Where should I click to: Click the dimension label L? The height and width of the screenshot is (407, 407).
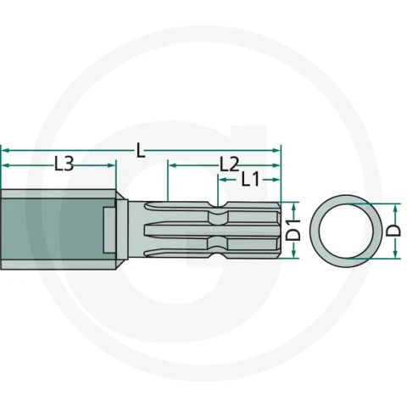pos(141,150)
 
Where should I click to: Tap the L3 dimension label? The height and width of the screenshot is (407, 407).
pos(64,164)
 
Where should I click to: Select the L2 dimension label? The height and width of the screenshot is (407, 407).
pos(230,164)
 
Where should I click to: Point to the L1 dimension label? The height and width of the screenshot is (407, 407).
pos(250,179)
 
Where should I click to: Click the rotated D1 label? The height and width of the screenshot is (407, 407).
pos(293,230)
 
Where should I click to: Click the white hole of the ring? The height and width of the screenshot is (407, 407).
pos(346,231)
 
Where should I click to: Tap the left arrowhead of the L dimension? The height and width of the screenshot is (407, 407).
pos(6,150)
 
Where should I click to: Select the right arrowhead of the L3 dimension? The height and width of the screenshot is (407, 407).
pos(111,165)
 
